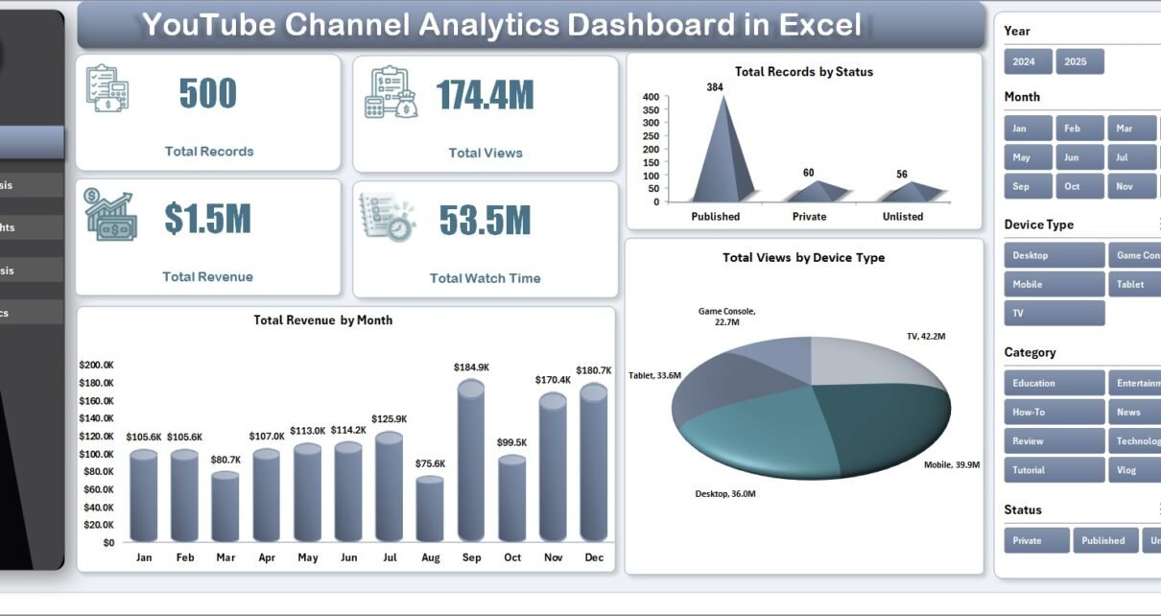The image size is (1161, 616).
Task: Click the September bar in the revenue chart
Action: coord(470,461)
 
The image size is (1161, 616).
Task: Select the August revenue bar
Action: coord(429,509)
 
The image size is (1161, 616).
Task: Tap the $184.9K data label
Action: coord(471,367)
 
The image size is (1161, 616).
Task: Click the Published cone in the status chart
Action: coord(716,154)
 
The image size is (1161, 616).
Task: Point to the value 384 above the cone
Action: coord(715,87)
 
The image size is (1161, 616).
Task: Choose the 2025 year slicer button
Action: coord(1079,61)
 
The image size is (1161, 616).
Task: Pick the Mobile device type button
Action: coord(1054,284)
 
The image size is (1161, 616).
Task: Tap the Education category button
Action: coord(1054,383)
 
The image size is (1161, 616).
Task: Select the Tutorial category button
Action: coord(1054,470)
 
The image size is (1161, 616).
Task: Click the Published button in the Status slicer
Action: coord(1104,540)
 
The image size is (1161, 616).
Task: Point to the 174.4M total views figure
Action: coord(485,95)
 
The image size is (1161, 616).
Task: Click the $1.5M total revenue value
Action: coord(207,219)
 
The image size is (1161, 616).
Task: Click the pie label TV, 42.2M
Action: coord(926,337)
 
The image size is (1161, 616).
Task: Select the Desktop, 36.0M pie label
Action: coord(725,494)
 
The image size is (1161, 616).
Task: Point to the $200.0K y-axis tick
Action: coord(96,365)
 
